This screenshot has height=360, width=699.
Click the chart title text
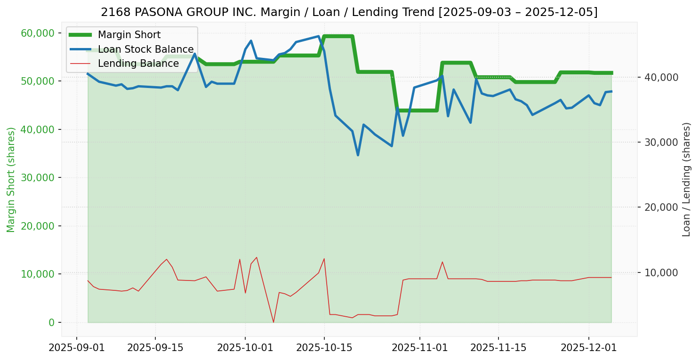pyautogui.click(x=349, y=12)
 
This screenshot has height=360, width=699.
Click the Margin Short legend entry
pyautogui.click(x=129, y=35)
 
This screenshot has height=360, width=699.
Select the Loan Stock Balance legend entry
pyautogui.click(x=145, y=49)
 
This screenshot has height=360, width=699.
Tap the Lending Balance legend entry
pyautogui.click(x=138, y=64)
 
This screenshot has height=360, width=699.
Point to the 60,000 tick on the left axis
pyautogui.click(x=38, y=33)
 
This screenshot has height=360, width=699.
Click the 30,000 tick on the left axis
pyautogui.click(x=38, y=178)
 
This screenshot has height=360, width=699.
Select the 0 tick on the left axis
pyautogui.click(x=51, y=322)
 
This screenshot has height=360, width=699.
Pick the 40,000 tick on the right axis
pyautogui.click(x=659, y=77)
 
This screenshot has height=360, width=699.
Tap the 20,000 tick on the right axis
pyautogui.click(x=659, y=207)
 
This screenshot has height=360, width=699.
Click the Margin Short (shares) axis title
pyautogui.click(x=11, y=180)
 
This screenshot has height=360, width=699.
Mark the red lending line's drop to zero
pyautogui.click(x=273, y=322)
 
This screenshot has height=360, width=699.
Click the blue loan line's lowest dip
pyautogui.click(x=358, y=155)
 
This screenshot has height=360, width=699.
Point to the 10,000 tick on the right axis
pyautogui.click(x=659, y=272)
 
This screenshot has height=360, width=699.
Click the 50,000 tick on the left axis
pyautogui.click(x=38, y=81)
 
